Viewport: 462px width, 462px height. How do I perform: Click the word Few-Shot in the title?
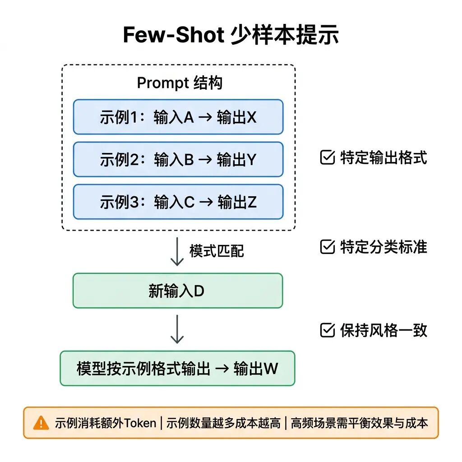(172, 35)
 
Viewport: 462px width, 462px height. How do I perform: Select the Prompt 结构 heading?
(179, 83)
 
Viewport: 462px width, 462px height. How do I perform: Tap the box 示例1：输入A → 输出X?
(178, 117)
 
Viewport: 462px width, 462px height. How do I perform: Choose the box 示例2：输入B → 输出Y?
(178, 159)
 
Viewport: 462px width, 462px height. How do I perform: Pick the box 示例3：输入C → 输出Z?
(178, 202)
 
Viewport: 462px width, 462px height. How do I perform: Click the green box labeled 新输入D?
(177, 291)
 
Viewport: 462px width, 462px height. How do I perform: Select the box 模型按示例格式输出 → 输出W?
(177, 369)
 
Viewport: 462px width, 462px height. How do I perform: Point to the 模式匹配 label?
(217, 251)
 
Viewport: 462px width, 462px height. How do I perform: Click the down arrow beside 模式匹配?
(177, 251)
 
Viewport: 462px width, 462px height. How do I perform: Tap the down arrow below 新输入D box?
(177, 329)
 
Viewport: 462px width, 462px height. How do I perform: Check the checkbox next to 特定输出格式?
(327, 158)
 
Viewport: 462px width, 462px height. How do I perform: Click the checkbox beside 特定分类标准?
(327, 247)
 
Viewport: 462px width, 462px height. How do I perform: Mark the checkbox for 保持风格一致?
(327, 331)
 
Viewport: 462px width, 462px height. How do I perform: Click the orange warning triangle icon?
(41, 423)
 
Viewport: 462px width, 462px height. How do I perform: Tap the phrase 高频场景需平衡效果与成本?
(359, 423)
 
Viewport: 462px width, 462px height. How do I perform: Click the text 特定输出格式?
(383, 158)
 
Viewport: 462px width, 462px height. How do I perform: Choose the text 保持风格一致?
(383, 331)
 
